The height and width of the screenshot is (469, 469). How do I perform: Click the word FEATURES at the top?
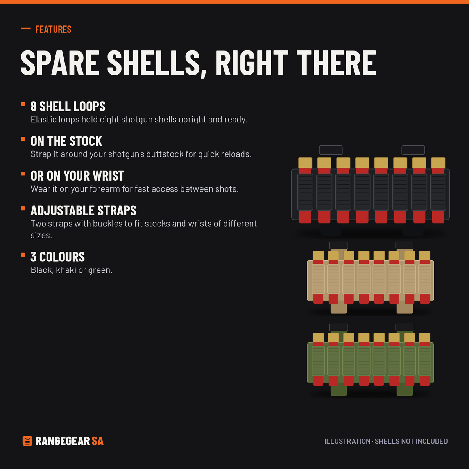pos(53,29)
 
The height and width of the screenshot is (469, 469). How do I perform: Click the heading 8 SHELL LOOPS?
pos(68,106)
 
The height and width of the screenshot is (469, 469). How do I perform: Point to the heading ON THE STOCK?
pos(66,141)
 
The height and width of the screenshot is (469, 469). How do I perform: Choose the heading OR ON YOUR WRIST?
pos(77,176)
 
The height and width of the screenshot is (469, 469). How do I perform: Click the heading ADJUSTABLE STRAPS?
pos(84,211)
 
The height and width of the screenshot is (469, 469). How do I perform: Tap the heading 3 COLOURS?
pos(58,257)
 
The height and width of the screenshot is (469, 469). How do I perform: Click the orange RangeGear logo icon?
pos(27,441)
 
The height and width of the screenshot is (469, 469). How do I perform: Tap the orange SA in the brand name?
pos(98,441)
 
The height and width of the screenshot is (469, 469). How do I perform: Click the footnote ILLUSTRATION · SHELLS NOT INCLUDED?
pos(386,441)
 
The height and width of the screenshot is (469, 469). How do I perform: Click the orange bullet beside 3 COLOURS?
pos(23,255)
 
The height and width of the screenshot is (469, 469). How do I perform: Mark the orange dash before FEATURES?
pos(26,29)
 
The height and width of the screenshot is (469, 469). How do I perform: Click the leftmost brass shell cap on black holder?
pos(305,163)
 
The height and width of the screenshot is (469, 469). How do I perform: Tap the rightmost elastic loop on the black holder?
pos(438,192)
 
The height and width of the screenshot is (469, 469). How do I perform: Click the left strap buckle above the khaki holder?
pos(338,245)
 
